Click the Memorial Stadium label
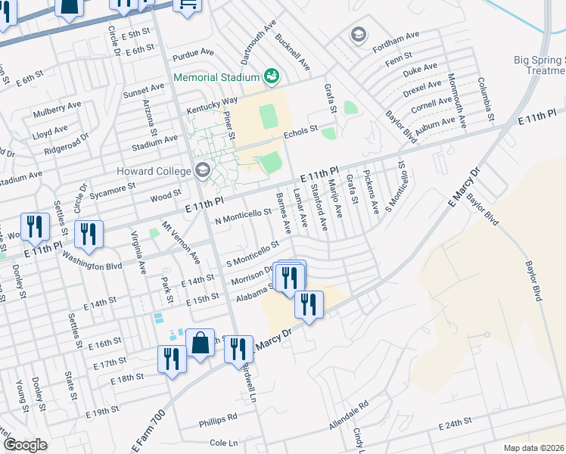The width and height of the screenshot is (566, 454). pos(216,77)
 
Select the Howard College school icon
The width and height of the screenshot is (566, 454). pos(201,170)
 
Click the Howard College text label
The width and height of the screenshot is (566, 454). pos(154,171)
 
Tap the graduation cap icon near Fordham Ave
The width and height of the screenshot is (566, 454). pos(358,35)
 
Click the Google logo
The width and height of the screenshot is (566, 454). pos(25,445)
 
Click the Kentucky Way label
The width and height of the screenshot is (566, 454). pos(213,101)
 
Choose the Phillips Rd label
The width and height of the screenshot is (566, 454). pos(218,417)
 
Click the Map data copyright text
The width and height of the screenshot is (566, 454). pos(534,448)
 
